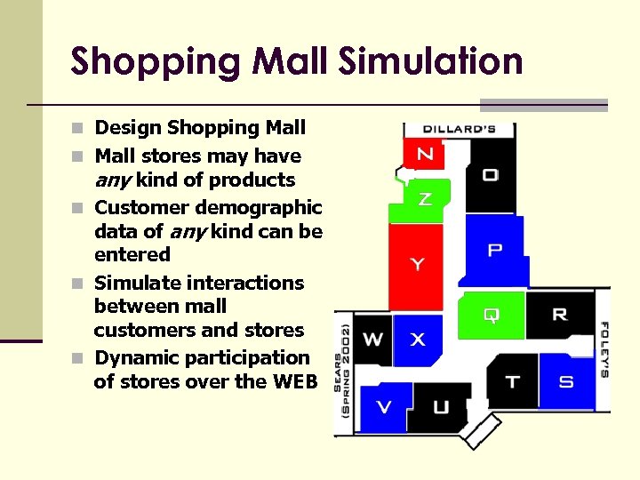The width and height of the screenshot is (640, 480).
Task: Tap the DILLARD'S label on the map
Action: point(459,129)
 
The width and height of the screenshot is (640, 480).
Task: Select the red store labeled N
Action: point(425,155)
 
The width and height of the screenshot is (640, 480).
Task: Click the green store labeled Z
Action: point(425,199)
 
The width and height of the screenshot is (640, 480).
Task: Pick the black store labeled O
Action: point(490,175)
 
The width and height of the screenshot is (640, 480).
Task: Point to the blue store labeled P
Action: point(494,251)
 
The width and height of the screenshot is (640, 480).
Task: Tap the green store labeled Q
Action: point(491,315)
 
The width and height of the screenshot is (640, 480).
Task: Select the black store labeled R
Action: point(559,314)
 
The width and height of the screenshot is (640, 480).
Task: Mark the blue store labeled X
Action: point(417,339)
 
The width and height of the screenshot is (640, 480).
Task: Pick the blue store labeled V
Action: point(384,407)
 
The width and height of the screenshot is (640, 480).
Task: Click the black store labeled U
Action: point(441,407)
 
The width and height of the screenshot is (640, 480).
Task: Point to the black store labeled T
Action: point(512,381)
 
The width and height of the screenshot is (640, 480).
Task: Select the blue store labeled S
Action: point(565,381)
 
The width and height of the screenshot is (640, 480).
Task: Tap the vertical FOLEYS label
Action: point(604,348)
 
